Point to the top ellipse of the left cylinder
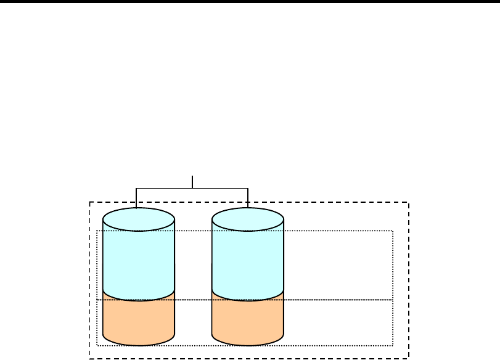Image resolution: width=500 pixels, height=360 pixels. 139,219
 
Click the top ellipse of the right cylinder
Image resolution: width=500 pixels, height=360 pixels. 248,219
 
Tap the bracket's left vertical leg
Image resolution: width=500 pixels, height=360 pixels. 136,197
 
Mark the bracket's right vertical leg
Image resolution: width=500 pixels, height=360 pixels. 248,197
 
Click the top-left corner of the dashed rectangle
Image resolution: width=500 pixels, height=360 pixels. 90,202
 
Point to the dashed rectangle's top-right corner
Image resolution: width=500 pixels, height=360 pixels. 409,202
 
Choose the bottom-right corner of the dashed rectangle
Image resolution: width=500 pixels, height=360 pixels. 409,358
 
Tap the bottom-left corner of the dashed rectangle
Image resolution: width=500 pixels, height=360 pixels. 90,358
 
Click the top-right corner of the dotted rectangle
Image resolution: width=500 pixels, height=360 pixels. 393,231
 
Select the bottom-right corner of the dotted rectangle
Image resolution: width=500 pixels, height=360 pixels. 393,345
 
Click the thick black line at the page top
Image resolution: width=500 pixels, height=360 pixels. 250,2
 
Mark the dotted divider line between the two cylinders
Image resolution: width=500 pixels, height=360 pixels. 193,300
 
